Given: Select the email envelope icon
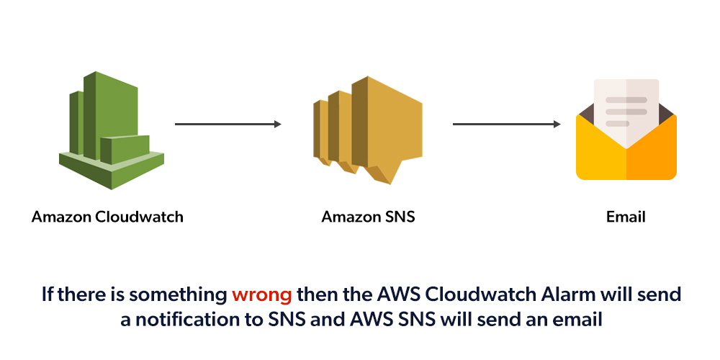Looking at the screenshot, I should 626,133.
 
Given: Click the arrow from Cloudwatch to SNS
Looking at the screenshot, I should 228,125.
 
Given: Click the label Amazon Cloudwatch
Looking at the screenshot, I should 107,216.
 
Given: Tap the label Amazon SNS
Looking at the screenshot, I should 368,216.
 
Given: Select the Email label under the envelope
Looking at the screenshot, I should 626,216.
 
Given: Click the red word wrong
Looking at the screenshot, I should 261,294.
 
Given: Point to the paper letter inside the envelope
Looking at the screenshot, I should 626,108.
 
